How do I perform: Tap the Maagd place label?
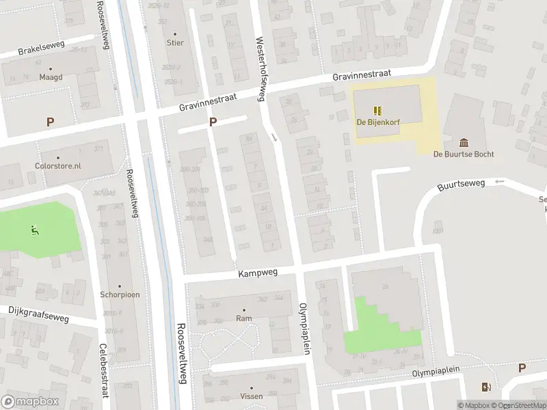(x=51, y=77)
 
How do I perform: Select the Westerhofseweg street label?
(x=260, y=69)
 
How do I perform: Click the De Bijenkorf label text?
(x=378, y=122)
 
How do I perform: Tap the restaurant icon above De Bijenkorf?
(x=377, y=109)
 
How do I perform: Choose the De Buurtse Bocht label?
(x=464, y=154)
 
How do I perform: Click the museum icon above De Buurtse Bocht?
(x=464, y=142)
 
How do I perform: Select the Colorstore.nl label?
(x=58, y=165)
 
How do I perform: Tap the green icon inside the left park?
(x=34, y=230)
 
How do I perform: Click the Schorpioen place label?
(x=120, y=296)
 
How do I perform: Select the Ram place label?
(x=243, y=318)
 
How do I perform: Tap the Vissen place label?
(x=250, y=396)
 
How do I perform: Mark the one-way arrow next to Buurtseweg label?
(x=499, y=182)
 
